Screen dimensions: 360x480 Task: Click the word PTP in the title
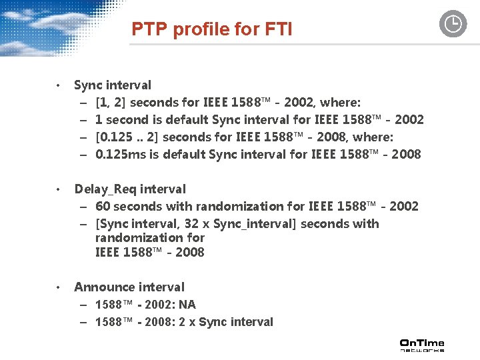click(147, 29)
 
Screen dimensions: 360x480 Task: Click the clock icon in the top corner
click(453, 25)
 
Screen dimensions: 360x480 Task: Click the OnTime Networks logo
click(421, 345)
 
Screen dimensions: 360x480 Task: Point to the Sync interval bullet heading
click(113, 85)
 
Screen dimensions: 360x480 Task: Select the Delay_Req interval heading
click(130, 189)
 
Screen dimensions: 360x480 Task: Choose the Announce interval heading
click(129, 287)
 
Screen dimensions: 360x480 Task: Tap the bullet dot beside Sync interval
click(59, 85)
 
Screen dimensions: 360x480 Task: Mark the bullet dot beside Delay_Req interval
click(59, 190)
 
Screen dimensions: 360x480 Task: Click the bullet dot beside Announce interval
click(59, 287)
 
